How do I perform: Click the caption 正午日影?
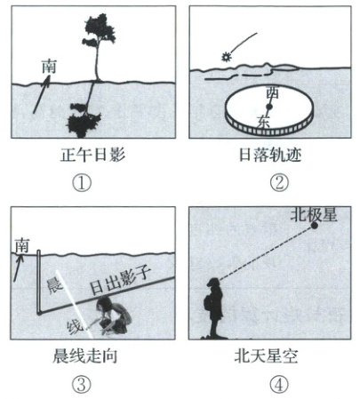point(92,155)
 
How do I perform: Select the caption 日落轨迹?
point(270,155)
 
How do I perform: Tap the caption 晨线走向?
point(85,356)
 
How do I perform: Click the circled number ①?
point(82,183)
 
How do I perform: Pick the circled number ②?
point(279,183)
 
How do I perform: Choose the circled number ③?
point(82,385)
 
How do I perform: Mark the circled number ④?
point(279,385)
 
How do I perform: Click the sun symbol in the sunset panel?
point(227,57)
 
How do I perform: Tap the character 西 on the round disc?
point(272,92)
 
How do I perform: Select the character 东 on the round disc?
point(263,122)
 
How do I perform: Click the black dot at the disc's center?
point(269,107)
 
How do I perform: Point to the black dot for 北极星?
point(314,226)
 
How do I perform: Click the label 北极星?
point(314,214)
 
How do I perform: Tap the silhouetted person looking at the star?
point(214,308)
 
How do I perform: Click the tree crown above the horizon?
point(99,30)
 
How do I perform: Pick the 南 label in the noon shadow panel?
point(49,67)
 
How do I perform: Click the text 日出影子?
point(121,280)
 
